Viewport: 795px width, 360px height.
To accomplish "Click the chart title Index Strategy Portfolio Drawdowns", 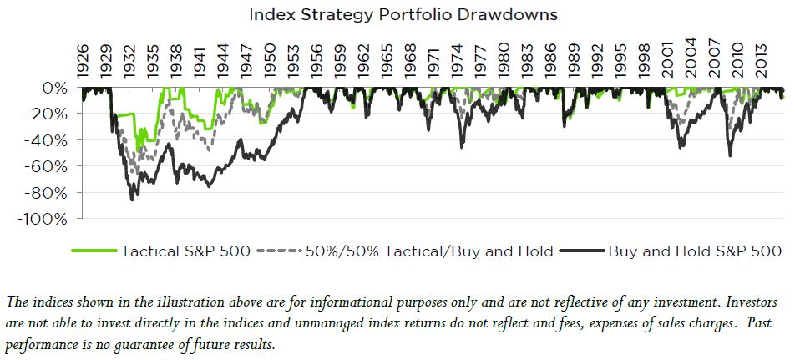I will pos(398,14).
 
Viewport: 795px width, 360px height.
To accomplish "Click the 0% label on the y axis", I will pos(57,89).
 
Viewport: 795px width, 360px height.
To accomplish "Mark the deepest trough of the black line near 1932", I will pos(132,199).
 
